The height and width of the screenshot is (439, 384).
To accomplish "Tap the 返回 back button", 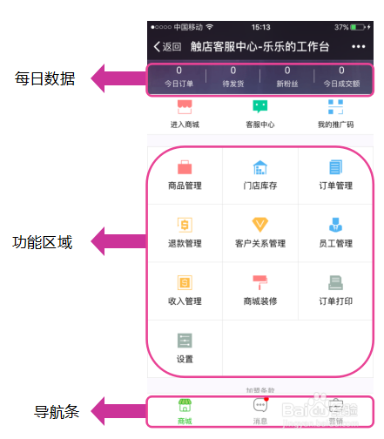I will point(167,46).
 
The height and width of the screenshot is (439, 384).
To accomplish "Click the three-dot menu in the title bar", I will point(359,46).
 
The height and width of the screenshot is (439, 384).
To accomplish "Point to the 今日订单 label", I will point(179,84).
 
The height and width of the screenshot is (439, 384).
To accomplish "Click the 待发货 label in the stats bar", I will point(232,84).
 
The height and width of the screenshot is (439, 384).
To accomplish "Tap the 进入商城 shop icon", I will point(184,107).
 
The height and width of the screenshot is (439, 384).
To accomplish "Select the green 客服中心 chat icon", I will point(260,107).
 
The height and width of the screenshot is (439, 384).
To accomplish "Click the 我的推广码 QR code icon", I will point(335,107).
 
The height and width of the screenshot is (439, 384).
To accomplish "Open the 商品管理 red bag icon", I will point(185,167).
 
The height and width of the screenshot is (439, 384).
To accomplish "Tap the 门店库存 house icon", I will point(260,167).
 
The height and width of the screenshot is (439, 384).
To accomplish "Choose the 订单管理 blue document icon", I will point(335,167).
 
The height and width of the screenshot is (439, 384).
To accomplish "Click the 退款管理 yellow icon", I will point(185,225).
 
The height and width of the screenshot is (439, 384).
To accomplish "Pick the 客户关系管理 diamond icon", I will point(260,225).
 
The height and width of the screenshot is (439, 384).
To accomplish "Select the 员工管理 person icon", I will point(335,225).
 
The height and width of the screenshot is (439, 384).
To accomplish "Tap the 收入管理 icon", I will point(185,282).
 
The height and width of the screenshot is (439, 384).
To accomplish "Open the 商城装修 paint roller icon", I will point(260,282).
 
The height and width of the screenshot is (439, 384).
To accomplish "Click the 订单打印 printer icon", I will point(335,282).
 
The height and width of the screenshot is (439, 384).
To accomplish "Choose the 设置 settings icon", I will point(185,341).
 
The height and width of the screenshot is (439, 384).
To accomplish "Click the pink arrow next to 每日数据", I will point(118,78).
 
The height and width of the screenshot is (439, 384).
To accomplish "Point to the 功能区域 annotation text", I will point(43,243).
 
